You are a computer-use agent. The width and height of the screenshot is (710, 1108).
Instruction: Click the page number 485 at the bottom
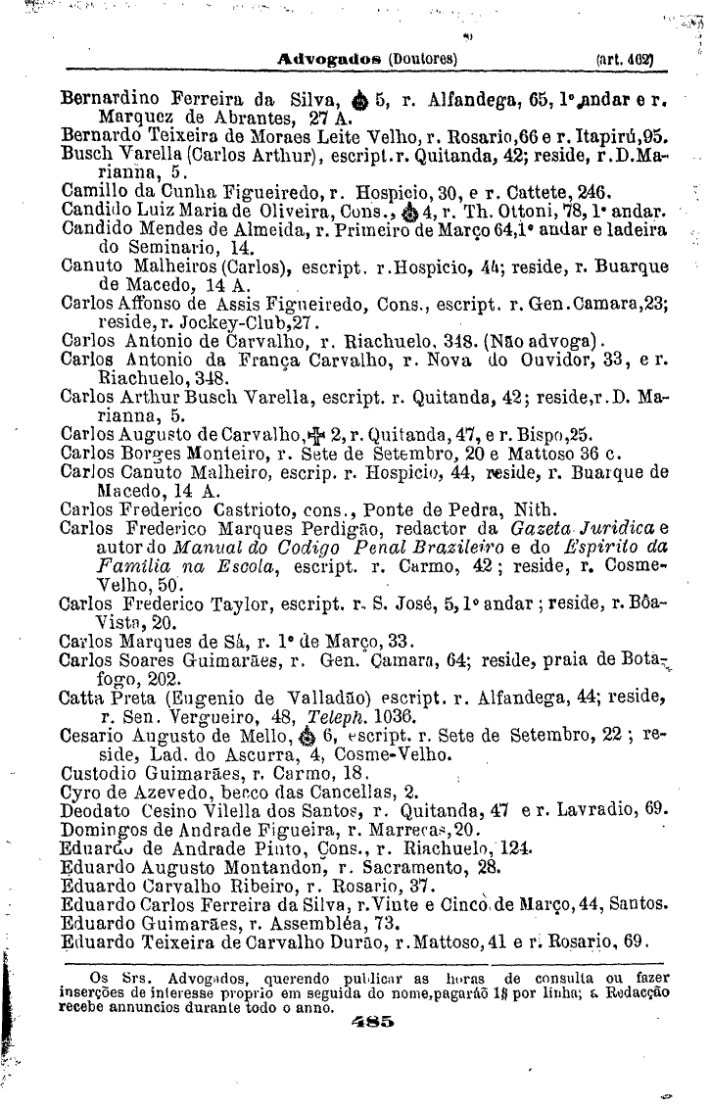click(371, 1021)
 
